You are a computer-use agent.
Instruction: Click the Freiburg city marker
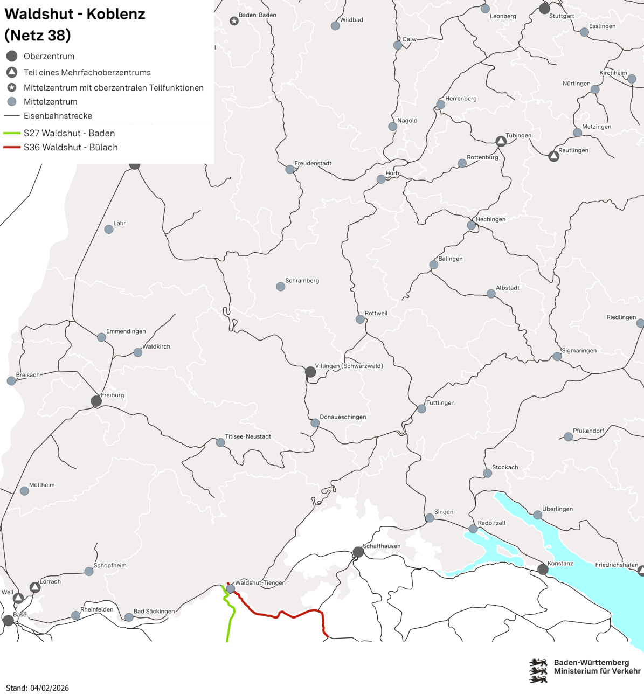[96, 401]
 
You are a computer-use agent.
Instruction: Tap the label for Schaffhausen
[382, 546]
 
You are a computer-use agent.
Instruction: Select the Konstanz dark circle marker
[543, 570]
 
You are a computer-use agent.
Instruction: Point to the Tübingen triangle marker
[501, 141]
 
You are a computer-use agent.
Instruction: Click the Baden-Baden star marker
[234, 21]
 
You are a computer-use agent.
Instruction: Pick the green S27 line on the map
[230, 620]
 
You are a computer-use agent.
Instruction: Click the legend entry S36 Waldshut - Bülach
[71, 147]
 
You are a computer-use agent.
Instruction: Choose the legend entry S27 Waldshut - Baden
[69, 133]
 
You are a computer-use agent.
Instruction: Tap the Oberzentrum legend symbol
[12, 56]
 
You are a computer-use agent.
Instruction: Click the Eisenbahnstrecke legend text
[58, 116]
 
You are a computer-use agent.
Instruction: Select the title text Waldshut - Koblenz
[75, 14]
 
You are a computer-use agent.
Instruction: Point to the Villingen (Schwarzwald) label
[349, 366]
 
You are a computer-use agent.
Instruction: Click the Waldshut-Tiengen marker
[230, 589]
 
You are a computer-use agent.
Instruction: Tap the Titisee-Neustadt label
[248, 436]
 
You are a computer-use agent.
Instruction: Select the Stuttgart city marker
[544, 9]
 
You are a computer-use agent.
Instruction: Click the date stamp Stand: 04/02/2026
[37, 688]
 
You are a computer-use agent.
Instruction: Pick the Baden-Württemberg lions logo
[538, 670]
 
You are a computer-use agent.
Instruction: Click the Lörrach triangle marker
[35, 587]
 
